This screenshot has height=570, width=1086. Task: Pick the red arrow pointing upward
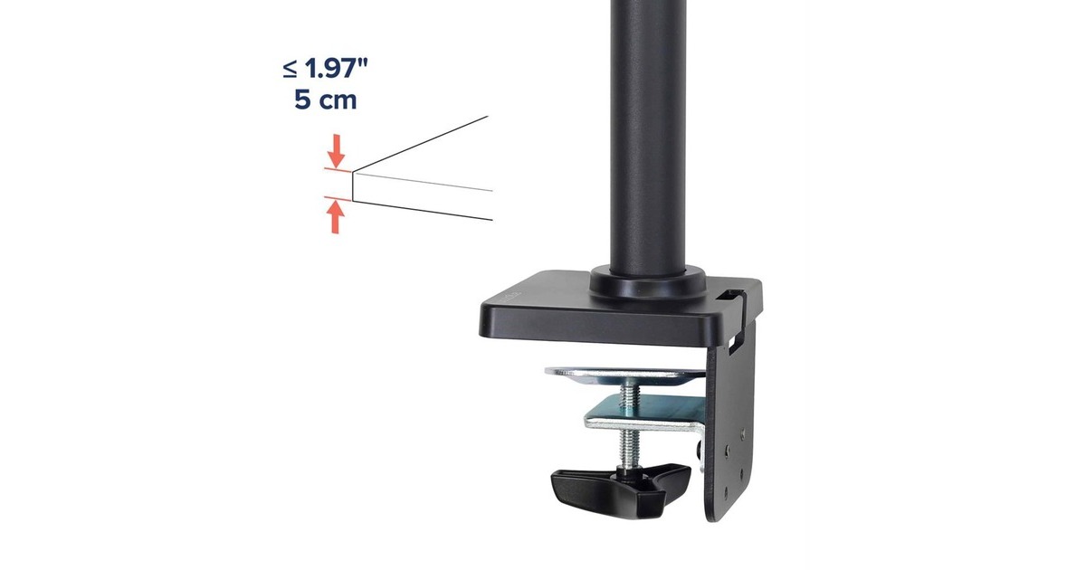tap(337, 217)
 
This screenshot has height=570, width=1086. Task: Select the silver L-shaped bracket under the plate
tap(643, 416)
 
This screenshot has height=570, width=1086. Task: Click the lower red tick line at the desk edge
tap(337, 196)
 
